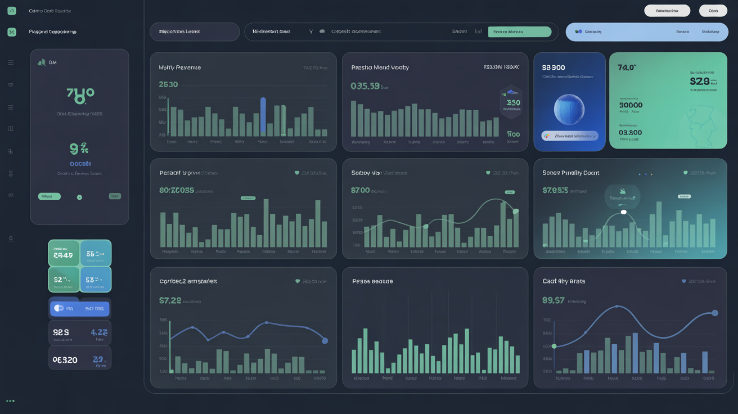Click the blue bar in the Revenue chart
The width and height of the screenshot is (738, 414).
(x=263, y=116)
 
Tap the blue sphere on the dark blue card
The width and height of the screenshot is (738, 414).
(x=569, y=109)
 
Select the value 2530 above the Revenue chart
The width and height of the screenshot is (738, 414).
(x=168, y=84)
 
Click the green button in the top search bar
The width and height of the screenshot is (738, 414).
(x=519, y=32)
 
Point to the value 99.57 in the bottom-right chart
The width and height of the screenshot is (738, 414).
(x=553, y=300)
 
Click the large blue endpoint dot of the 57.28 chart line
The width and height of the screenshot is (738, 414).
(x=325, y=341)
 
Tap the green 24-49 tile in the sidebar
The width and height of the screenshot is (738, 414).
(x=64, y=253)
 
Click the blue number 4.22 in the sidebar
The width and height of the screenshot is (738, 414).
(x=99, y=332)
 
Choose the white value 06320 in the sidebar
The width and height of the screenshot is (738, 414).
(x=65, y=360)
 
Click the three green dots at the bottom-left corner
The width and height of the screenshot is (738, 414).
(x=10, y=401)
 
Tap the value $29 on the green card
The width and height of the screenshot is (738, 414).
(x=699, y=82)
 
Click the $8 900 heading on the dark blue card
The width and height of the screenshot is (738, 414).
(x=553, y=67)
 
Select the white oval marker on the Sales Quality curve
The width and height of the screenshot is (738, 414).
(x=623, y=212)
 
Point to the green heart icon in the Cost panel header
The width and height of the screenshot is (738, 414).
(x=684, y=281)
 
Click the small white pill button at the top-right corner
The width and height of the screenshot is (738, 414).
(x=713, y=11)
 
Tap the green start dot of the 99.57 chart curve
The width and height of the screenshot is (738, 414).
(x=554, y=346)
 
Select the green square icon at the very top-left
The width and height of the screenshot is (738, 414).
(x=12, y=11)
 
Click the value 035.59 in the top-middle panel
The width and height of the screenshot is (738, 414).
(x=364, y=86)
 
